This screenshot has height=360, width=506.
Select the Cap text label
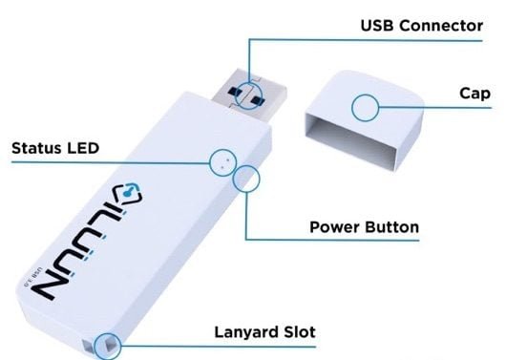pyautogui.click(x=474, y=94)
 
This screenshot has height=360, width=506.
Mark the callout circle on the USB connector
pyautogui.click(x=248, y=93)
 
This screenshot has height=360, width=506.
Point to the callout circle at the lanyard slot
pyautogui.click(x=109, y=343)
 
